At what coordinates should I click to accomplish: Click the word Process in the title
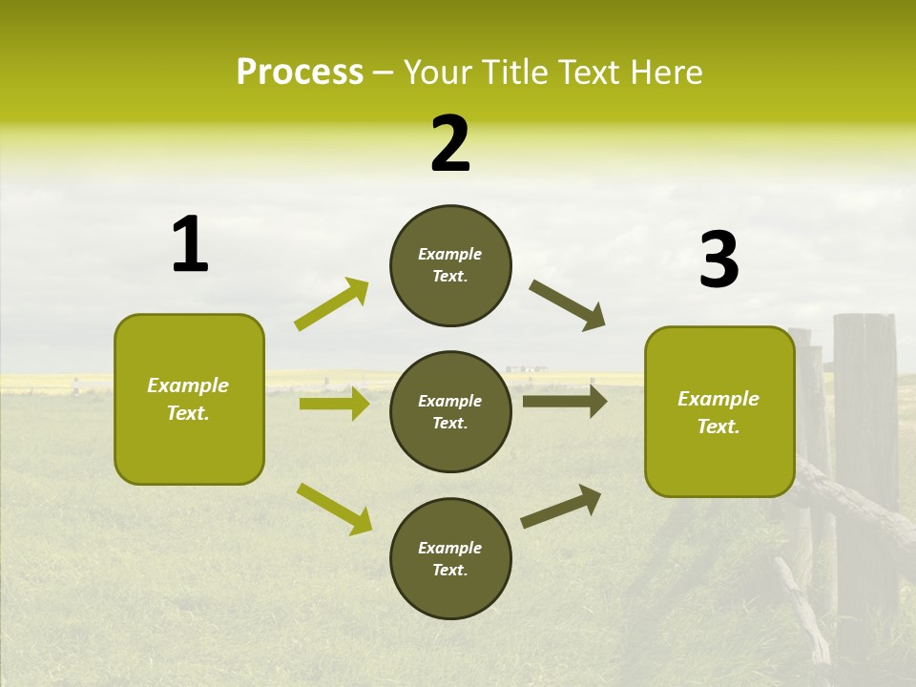[x=300, y=73]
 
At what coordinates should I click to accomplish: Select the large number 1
[x=190, y=244]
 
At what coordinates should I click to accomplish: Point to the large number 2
[x=450, y=144]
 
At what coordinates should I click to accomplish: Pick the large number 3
[x=718, y=260]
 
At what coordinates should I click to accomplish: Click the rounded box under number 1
[x=189, y=399]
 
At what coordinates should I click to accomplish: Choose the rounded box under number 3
[x=719, y=412]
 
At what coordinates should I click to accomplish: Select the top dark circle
[x=450, y=265]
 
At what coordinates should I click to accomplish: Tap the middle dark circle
[x=450, y=412]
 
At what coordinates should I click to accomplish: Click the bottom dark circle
[x=450, y=559]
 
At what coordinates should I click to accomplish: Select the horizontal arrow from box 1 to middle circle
[x=334, y=404]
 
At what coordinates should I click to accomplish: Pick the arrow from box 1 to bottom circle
[x=335, y=508]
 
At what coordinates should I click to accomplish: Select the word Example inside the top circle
[x=450, y=254]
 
